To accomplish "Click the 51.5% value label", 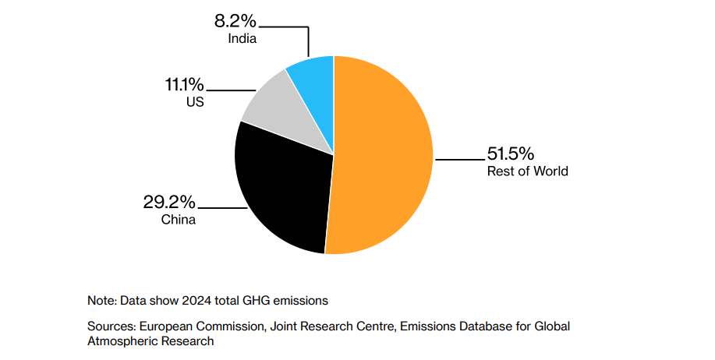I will click(x=511, y=154).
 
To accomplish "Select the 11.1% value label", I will click(x=185, y=84).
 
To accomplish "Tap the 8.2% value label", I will click(x=236, y=19).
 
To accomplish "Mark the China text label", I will click(x=179, y=220).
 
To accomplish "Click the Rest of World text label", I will click(x=527, y=171).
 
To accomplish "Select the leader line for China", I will click(x=222, y=208).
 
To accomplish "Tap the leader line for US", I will click(x=226, y=90).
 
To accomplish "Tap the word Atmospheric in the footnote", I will click(x=126, y=341).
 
